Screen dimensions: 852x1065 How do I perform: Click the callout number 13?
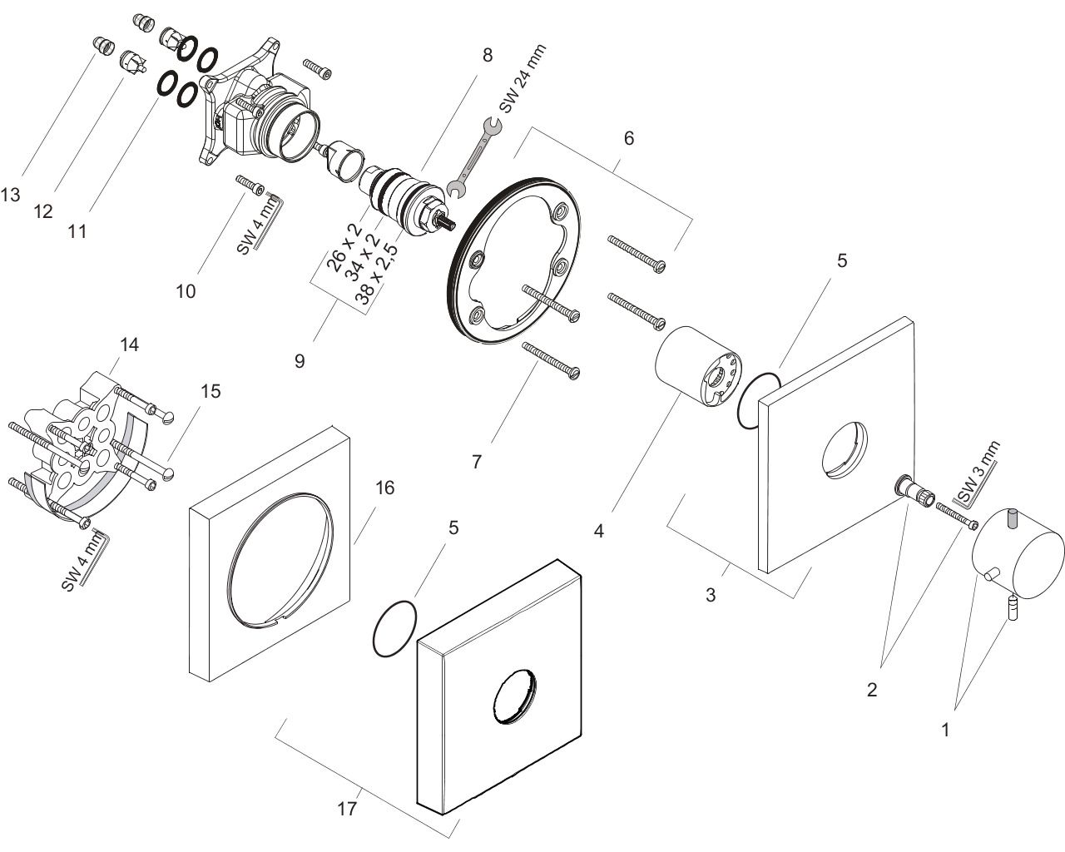pos(11,195)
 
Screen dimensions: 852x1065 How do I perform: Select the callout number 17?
pos(348,808)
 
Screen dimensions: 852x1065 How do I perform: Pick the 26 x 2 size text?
pos(339,247)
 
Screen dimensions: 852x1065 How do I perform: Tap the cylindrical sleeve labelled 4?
pos(696,367)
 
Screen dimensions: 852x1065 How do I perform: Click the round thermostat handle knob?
pos(1017,554)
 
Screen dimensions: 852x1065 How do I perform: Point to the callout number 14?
pos(129,344)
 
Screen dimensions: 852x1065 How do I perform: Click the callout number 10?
pos(186,291)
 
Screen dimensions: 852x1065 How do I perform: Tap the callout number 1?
pos(945,731)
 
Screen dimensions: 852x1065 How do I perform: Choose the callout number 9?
pos(300,360)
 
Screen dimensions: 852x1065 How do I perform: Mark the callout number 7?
pos(477,461)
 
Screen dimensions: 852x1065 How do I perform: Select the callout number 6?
pos(629,138)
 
